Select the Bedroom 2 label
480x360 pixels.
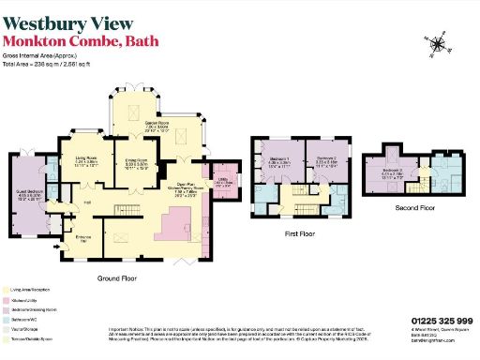tap(326, 160)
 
